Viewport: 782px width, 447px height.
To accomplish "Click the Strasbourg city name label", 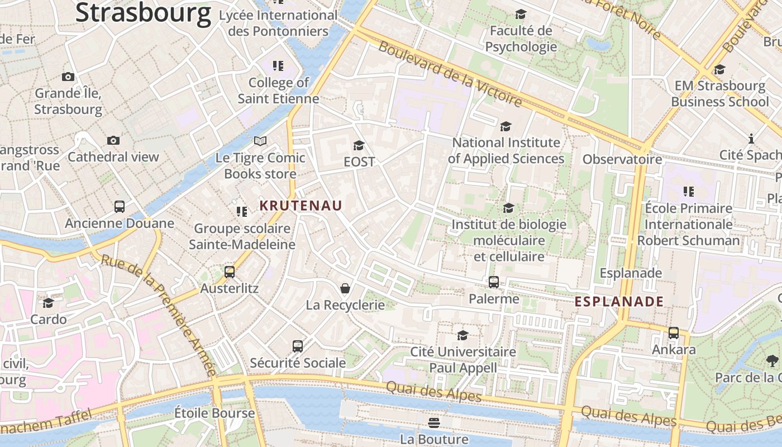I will pos(143,12).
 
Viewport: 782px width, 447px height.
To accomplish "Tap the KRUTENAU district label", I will pos(301,206).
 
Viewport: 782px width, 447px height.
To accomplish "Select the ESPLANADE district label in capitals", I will pos(619,302).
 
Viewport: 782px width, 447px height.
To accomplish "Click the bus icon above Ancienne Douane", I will pos(120,207).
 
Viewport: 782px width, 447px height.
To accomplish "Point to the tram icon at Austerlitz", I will pos(230,272).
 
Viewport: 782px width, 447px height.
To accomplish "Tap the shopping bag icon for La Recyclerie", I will pos(345,288).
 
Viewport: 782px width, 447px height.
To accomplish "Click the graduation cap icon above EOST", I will pos(359,146).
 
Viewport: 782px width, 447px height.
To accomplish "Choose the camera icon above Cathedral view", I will pos(113,140).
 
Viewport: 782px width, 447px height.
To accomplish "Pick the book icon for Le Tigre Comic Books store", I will pos(260,141).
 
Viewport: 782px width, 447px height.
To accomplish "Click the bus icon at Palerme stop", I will pos(494,282).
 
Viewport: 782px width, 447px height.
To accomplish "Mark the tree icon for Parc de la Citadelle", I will pos(773,360).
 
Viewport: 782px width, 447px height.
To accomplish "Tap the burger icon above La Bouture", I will pos(434,422).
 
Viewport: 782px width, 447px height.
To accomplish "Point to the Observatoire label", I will pos(622,160).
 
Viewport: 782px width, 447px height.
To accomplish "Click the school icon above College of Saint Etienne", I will pos(278,66).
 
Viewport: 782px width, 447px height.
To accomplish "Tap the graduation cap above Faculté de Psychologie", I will pos(521,15).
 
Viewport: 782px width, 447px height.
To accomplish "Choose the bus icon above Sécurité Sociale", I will pos(298,346).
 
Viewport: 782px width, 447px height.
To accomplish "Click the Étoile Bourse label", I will pos(214,413).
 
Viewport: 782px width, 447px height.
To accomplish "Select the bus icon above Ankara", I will pos(674,333).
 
